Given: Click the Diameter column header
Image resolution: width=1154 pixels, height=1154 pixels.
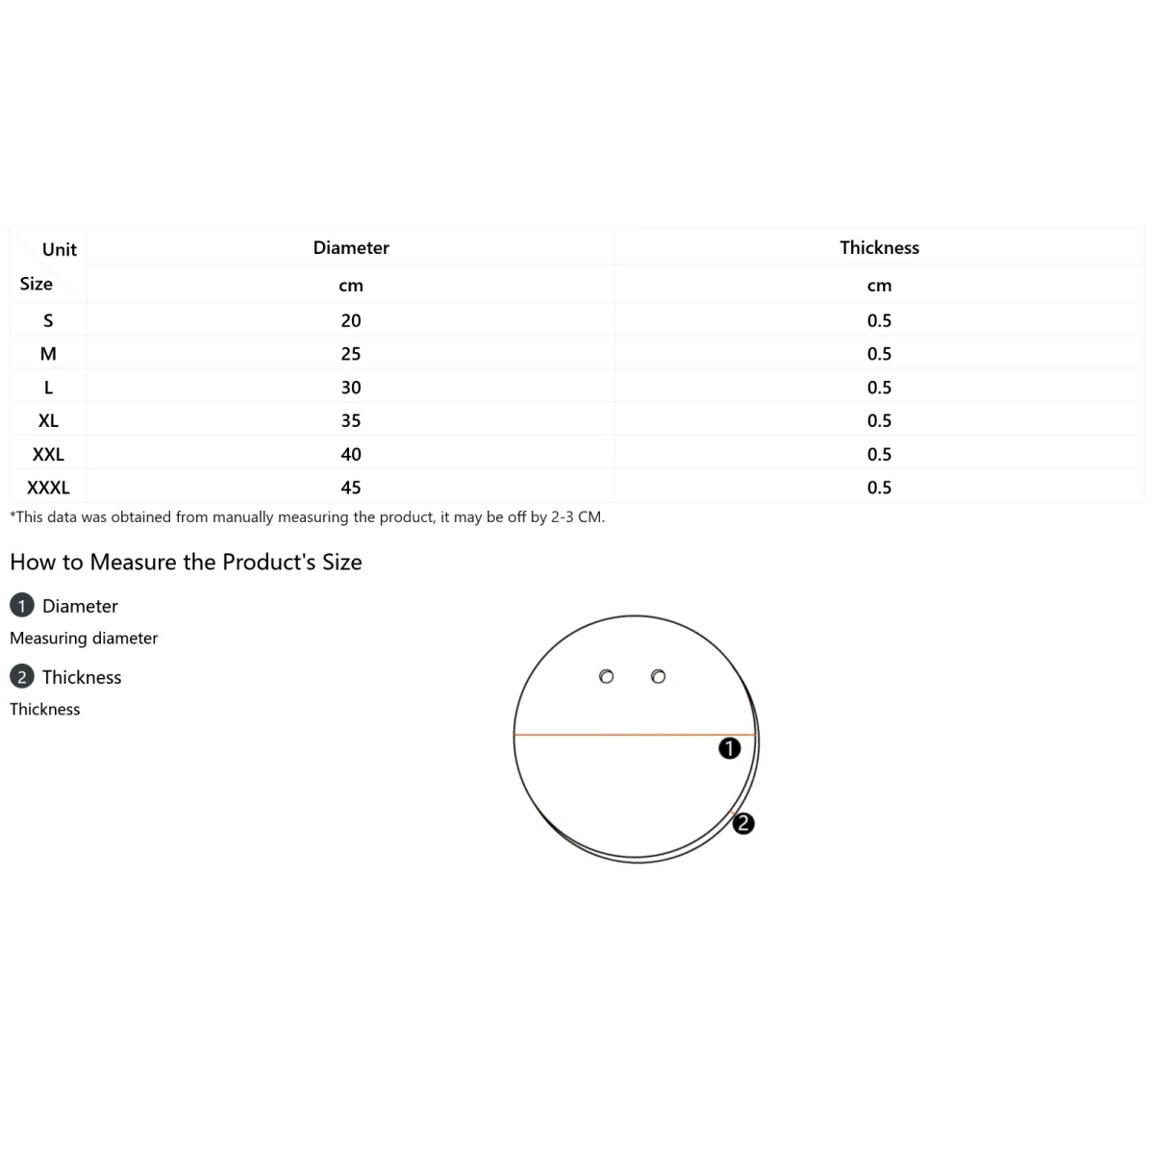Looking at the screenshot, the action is point(351,247).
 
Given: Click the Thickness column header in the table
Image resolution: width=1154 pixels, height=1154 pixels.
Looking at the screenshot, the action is point(879,247).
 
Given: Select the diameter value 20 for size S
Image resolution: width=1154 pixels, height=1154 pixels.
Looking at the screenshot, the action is point(351,320).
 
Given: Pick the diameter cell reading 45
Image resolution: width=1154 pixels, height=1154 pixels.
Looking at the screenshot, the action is point(351,488).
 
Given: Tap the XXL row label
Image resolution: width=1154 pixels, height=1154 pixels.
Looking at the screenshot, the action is point(48,455).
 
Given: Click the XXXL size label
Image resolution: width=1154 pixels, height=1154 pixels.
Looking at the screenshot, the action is point(48,488).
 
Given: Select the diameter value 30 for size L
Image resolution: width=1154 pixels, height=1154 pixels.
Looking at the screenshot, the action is point(351,388).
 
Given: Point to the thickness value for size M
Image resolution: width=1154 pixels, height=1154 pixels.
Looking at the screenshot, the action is point(879,354).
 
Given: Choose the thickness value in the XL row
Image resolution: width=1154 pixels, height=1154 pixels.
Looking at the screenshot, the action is point(879,420).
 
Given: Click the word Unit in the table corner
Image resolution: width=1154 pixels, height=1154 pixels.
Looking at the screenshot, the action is point(60,249).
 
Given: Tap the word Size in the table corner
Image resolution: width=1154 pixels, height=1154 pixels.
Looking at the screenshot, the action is point(36,284).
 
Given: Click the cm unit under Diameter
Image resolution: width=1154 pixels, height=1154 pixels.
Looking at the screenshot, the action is point(351,286).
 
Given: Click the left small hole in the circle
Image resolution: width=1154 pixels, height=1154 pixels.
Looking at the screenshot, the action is point(606,677).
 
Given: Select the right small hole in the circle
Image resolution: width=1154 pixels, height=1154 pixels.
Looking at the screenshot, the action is point(658,677).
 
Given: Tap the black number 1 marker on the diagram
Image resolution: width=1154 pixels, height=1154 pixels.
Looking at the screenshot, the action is point(729,748).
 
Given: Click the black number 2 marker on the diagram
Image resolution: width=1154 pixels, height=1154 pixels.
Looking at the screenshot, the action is point(743,823).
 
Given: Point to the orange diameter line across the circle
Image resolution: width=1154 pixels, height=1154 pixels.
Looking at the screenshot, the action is point(634,734).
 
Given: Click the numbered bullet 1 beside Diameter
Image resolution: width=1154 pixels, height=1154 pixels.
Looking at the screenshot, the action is point(21,606).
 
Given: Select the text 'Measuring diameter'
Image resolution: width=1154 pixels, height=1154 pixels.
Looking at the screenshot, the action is point(84,639).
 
